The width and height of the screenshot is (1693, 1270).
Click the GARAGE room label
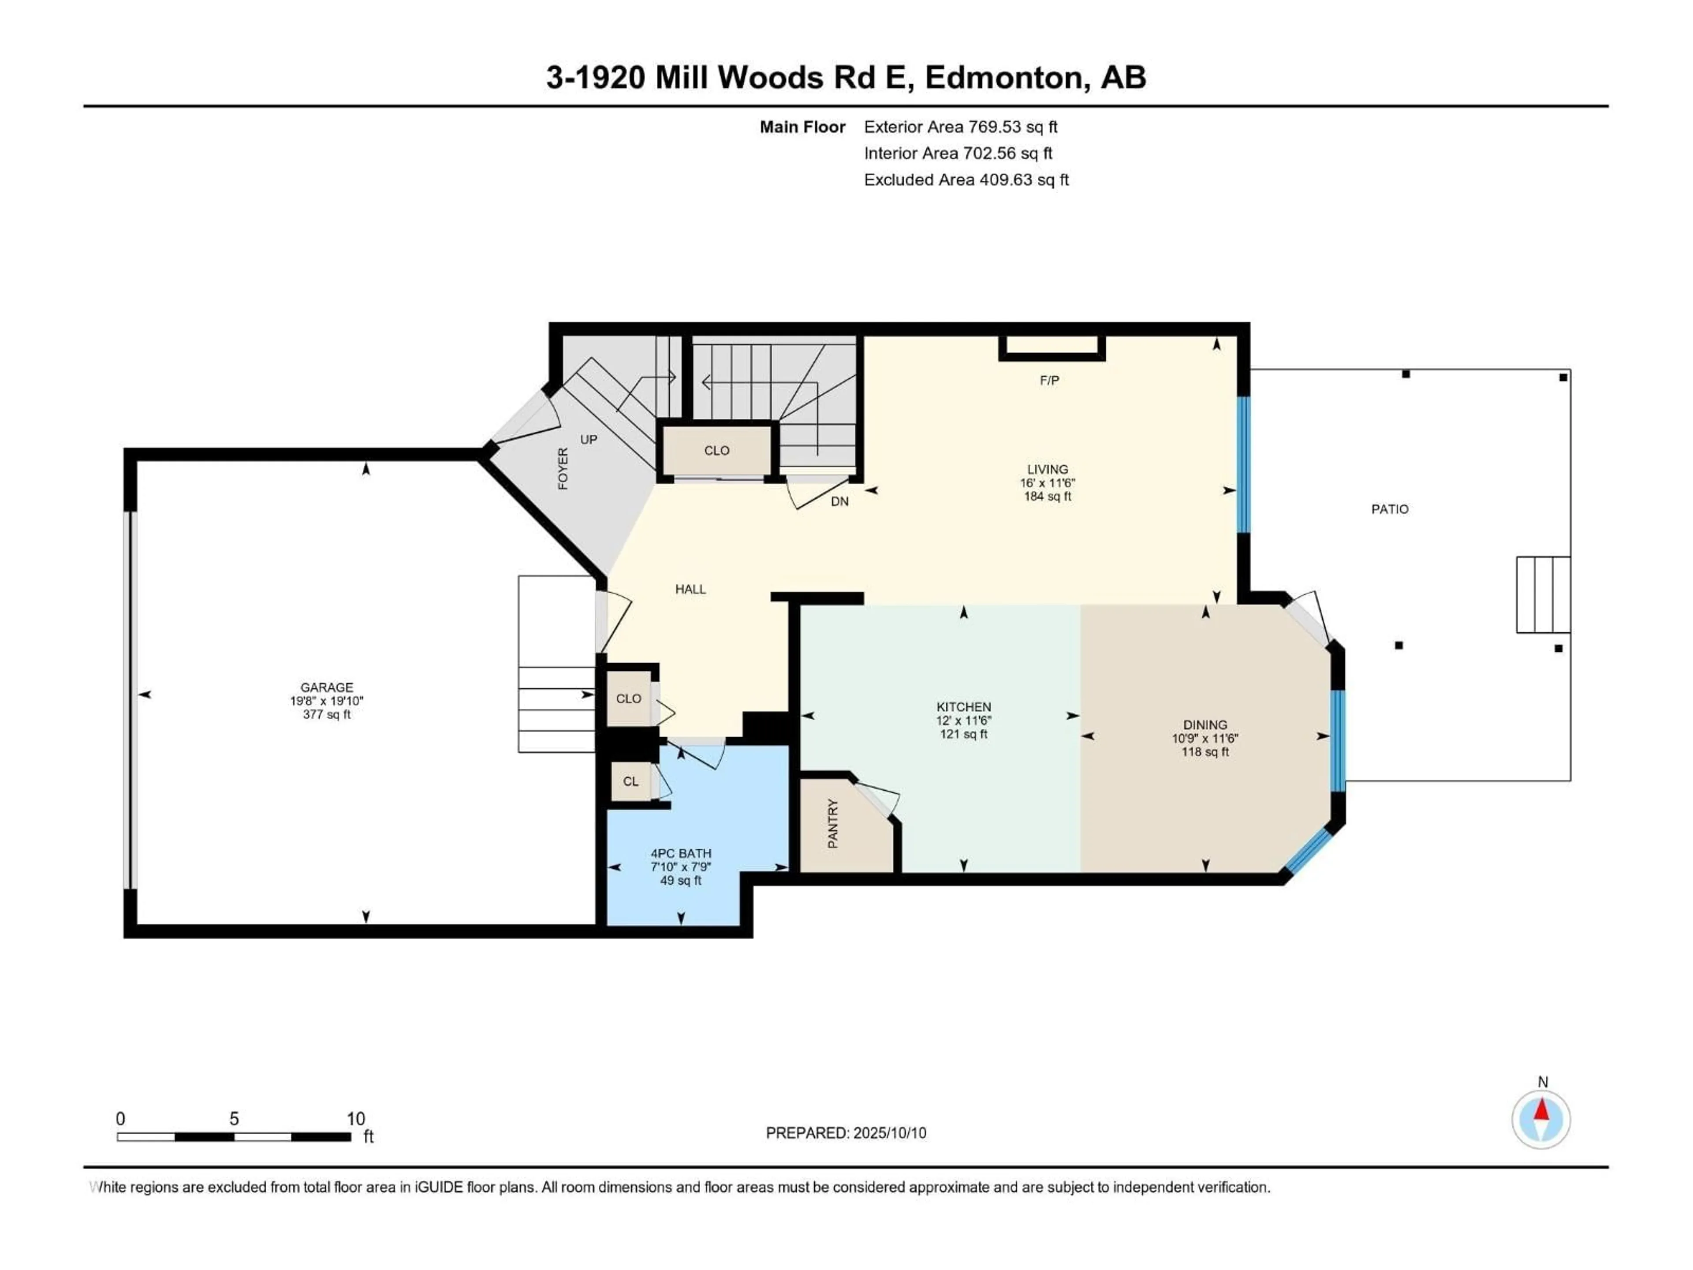click(x=327, y=687)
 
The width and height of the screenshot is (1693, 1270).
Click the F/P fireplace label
click(x=1049, y=381)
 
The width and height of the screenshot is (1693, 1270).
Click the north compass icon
click(x=1541, y=1119)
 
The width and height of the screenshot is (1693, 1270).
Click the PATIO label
click(x=1389, y=509)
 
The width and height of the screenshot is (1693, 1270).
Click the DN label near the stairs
click(x=839, y=501)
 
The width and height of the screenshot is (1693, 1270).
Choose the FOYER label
click(x=563, y=468)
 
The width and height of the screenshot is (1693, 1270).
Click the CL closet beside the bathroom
click(x=630, y=781)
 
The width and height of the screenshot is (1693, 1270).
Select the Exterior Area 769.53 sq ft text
click(x=961, y=127)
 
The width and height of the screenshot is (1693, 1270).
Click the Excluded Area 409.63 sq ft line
click(x=966, y=180)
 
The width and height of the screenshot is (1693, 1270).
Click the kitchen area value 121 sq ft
click(x=964, y=734)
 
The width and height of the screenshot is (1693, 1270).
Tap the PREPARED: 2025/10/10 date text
click(x=846, y=1133)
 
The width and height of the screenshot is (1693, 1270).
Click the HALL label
click(x=690, y=589)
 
